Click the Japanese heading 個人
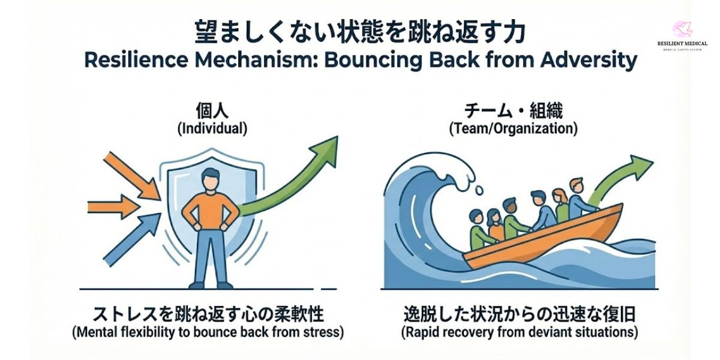point(211,109)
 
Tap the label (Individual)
point(211,128)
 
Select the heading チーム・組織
point(515,109)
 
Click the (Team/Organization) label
point(515,128)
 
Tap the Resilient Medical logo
point(682,36)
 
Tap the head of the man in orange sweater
point(210,178)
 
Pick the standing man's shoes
point(210,284)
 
